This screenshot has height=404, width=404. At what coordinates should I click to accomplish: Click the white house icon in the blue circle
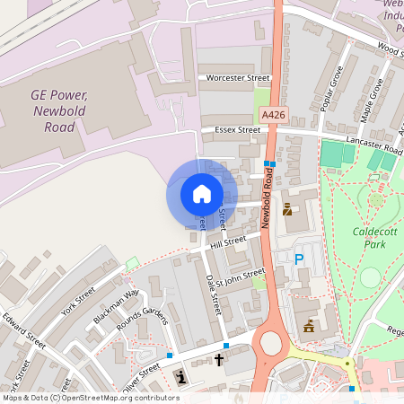click(201, 193)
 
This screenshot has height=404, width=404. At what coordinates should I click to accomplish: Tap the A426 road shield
click(273, 115)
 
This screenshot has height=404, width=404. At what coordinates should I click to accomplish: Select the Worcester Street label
click(238, 78)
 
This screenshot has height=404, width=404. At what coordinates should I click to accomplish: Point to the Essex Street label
click(238, 130)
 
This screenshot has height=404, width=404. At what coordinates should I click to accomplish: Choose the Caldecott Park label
click(369, 244)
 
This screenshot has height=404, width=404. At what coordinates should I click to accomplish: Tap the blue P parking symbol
click(299, 259)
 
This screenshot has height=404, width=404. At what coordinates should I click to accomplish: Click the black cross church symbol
click(218, 360)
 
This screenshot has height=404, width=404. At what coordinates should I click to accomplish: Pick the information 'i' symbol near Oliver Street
click(182, 376)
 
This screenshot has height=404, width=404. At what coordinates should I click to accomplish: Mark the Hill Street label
click(228, 242)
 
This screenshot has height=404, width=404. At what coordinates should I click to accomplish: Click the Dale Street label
click(213, 294)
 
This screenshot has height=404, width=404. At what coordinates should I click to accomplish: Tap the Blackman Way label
click(118, 306)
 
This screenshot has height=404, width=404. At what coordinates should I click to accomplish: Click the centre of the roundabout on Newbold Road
click(268, 342)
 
